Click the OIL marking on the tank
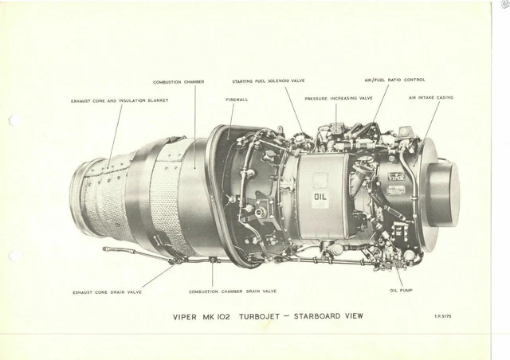[x=320, y=197]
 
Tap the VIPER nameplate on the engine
[x=397, y=177]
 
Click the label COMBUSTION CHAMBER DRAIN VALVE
[x=233, y=292]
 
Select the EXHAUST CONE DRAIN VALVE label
[x=107, y=292]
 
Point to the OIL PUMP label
[x=401, y=290]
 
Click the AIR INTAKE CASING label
[x=430, y=97]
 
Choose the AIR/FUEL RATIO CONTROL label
[x=394, y=80]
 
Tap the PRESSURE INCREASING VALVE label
[x=339, y=98]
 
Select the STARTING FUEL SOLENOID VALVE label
[x=269, y=81]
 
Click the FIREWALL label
[x=237, y=100]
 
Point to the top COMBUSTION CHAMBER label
[x=178, y=82]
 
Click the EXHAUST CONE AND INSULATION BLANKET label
[x=120, y=101]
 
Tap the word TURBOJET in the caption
[x=260, y=316]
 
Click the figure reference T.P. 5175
[x=442, y=315]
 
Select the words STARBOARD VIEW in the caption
[x=328, y=316]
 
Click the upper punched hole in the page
[x=14, y=120]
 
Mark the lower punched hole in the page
[x=15, y=256]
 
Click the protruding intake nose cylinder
[x=442, y=194]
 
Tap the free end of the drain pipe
[x=104, y=248]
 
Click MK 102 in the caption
[x=216, y=317]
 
